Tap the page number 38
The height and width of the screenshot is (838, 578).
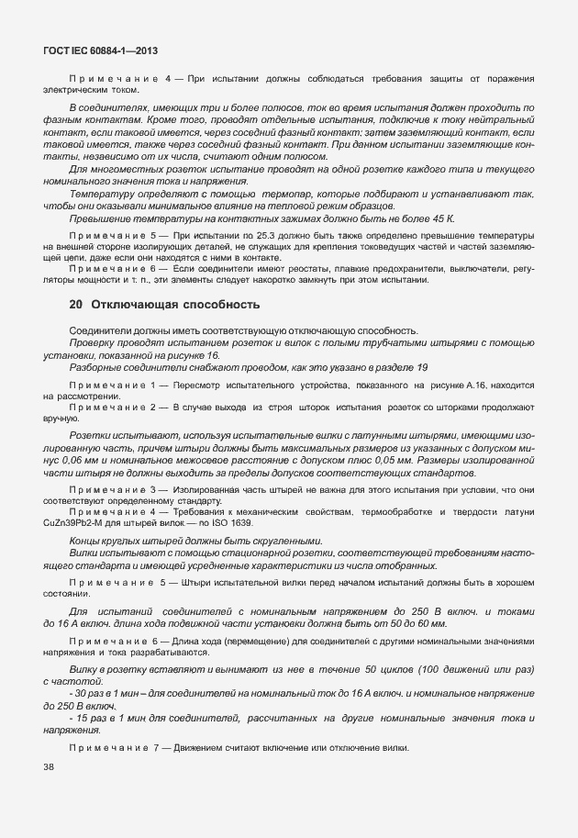48,768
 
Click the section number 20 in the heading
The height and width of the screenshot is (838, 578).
77,303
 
